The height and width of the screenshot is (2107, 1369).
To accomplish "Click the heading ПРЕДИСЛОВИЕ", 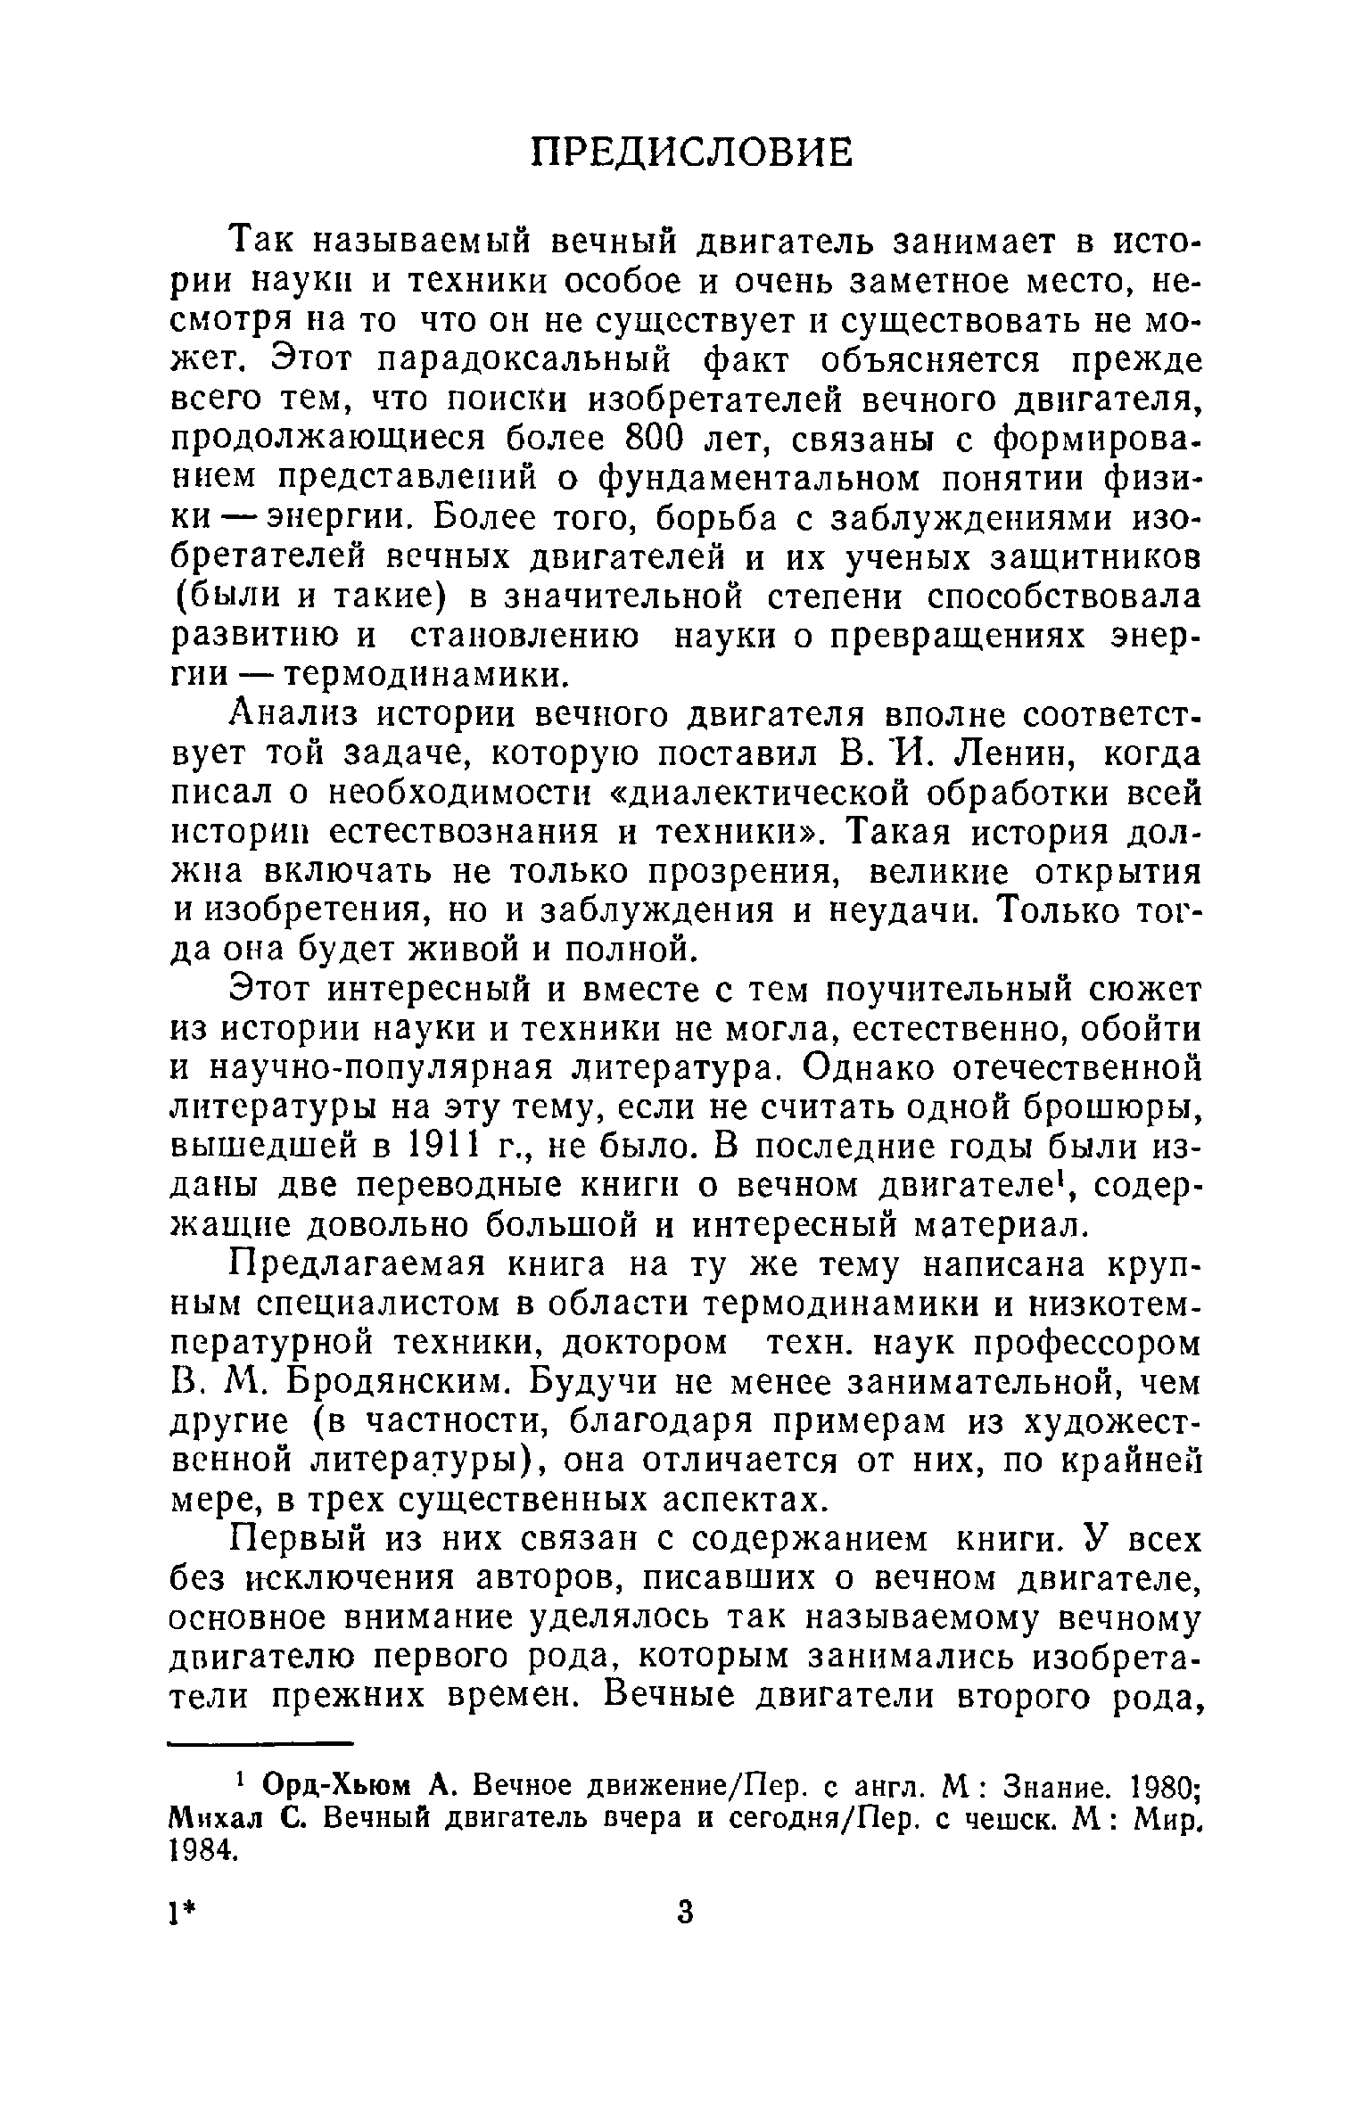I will point(691,152).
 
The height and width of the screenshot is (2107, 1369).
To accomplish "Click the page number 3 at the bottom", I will point(685,1937).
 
